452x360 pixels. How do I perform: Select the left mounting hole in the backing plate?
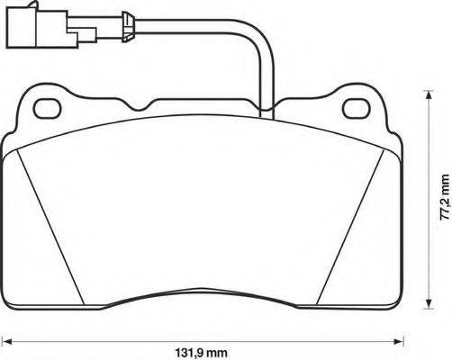coord(46,108)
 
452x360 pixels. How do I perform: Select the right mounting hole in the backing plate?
coord(357,108)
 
